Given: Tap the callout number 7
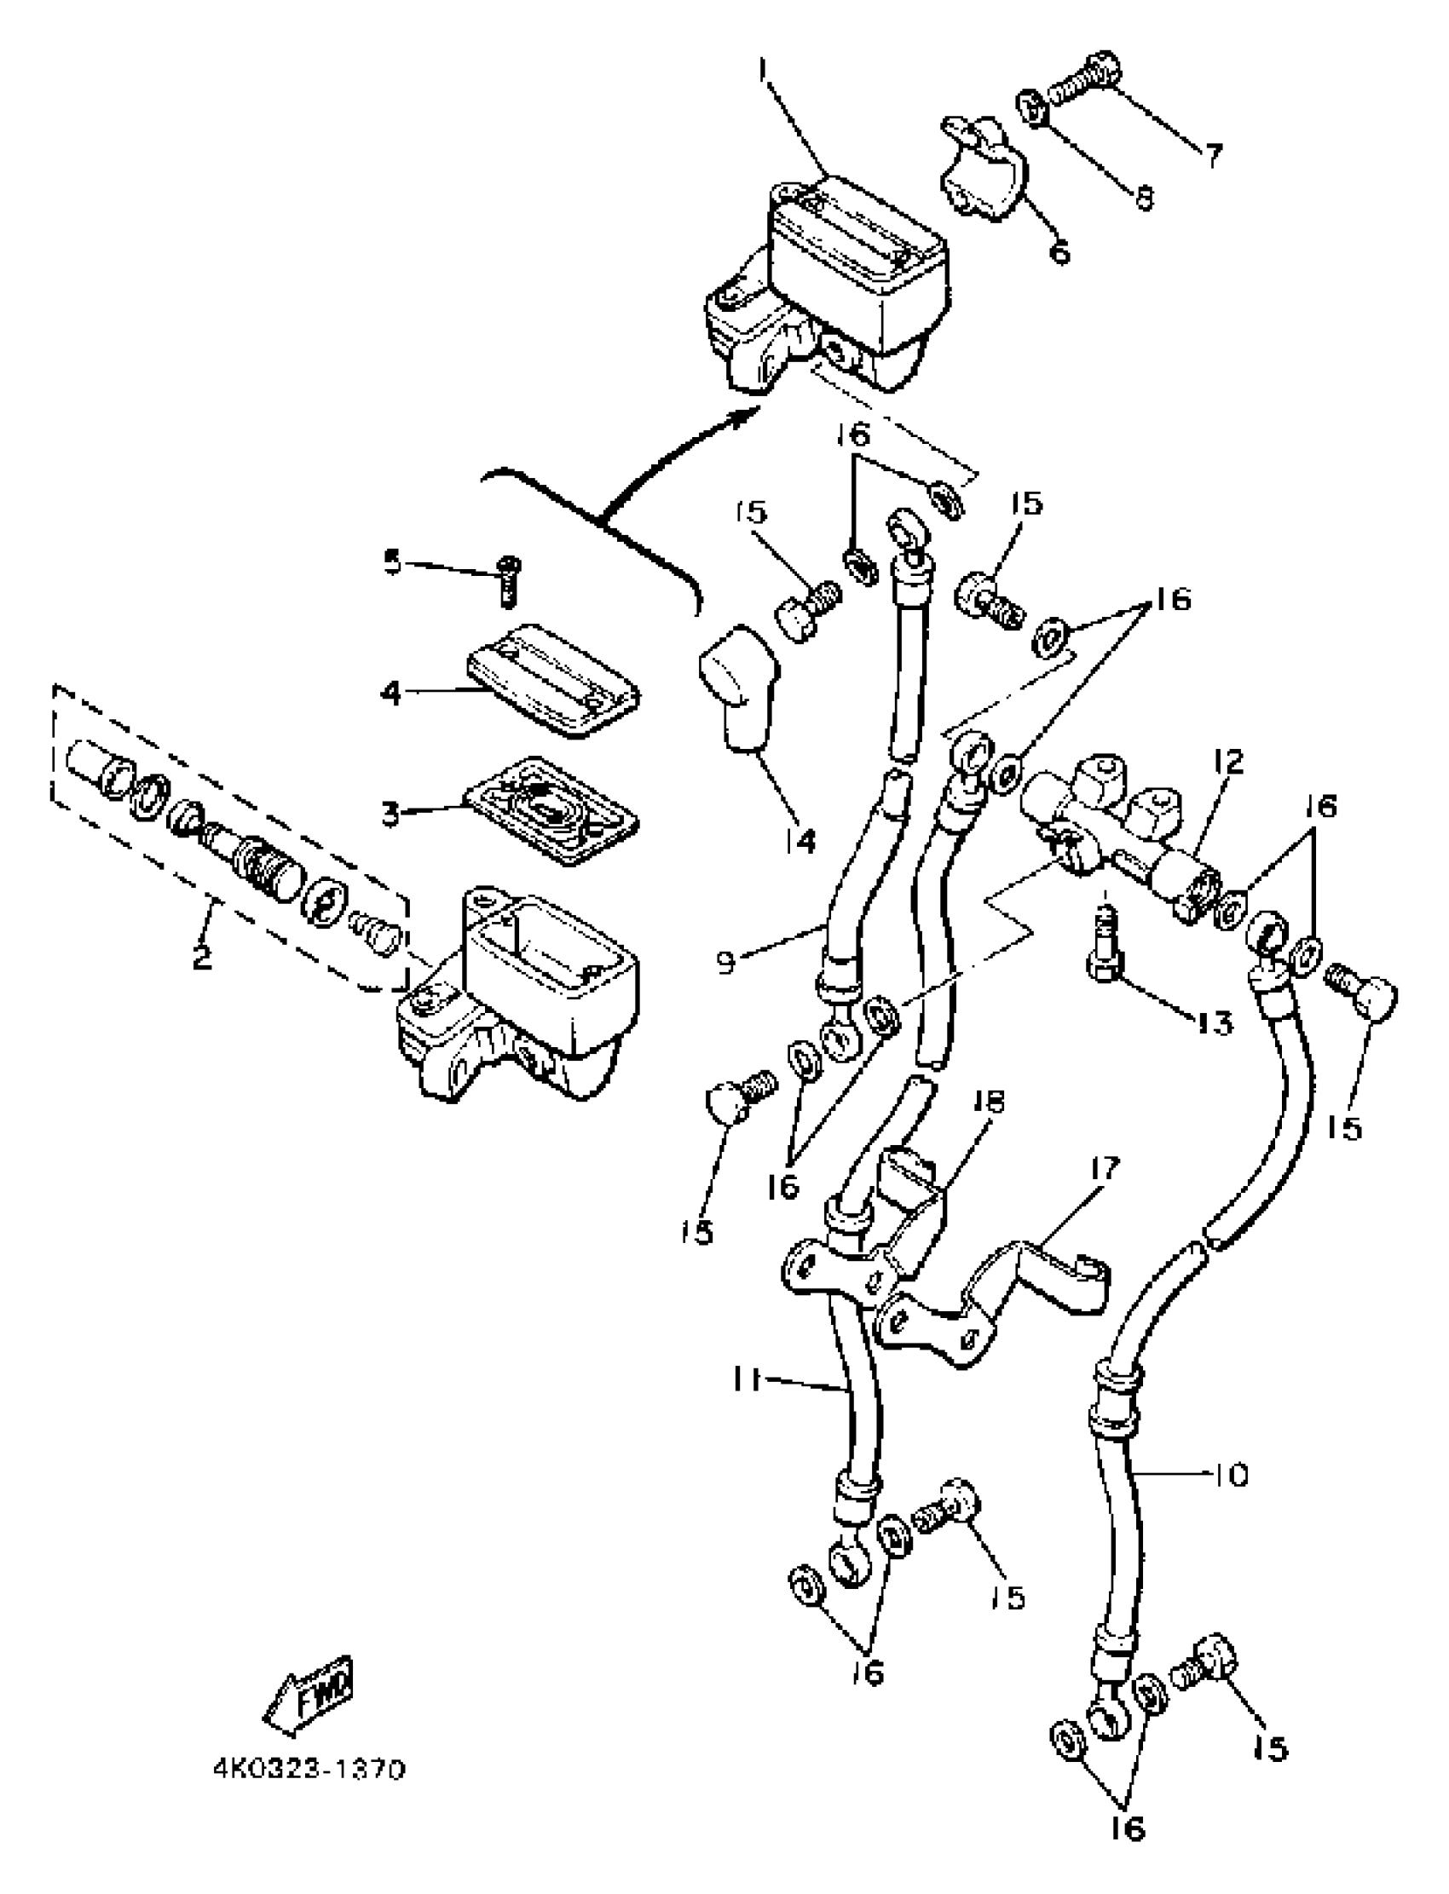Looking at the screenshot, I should pyautogui.click(x=1214, y=155).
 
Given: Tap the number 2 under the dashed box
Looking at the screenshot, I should pyautogui.click(x=202, y=957).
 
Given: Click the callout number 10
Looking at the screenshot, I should pyautogui.click(x=1230, y=1475).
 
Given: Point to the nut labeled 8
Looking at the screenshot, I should pyautogui.click(x=1032, y=108).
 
